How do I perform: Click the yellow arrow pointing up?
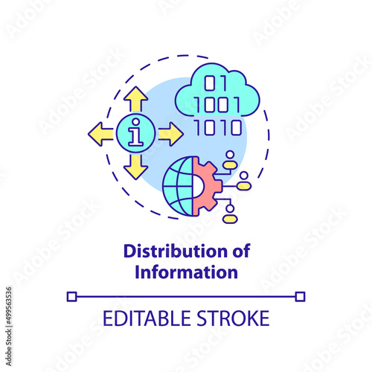[136, 99]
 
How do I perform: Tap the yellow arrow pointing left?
[101, 134]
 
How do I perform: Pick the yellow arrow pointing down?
[136, 167]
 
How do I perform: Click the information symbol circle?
[136, 134]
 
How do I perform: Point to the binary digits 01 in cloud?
[215, 83]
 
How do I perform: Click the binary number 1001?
[217, 104]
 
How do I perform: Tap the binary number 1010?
[218, 127]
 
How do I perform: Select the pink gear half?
[207, 186]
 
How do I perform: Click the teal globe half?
[178, 186]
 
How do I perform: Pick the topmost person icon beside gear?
[231, 160]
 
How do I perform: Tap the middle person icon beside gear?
[244, 181]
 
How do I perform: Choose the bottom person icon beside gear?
[230, 214]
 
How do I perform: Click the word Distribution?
[176, 251]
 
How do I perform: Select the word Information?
[187, 272]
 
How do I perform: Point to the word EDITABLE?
[147, 318]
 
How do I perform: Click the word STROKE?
[233, 318]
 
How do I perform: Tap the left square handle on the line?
[72, 297]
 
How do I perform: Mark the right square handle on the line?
[300, 297]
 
